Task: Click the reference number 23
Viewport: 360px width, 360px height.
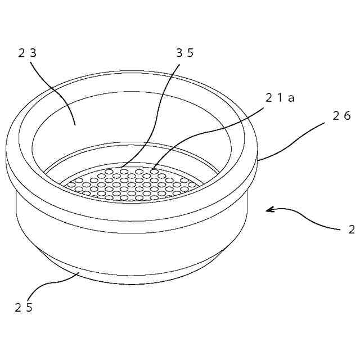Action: coord(27,53)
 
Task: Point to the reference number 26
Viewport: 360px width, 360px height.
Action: coord(341,116)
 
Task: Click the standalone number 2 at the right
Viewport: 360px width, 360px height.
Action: coord(352,229)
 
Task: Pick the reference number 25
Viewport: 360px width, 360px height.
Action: coord(24,308)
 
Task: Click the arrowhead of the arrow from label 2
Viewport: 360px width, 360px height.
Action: coord(269,210)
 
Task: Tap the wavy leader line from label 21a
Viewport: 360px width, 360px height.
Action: coord(214,130)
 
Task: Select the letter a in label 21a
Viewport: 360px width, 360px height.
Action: coord(291,98)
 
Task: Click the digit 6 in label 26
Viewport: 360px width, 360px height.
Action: coord(346,116)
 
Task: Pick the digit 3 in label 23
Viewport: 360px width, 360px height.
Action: coord(33,53)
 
